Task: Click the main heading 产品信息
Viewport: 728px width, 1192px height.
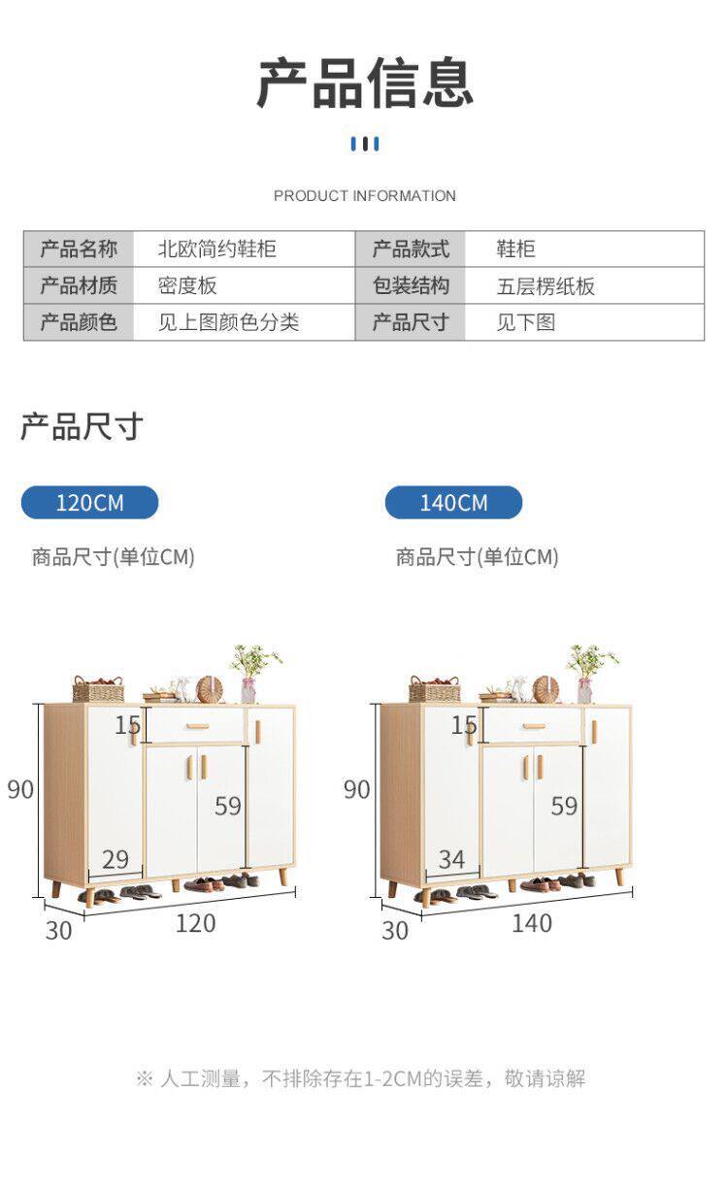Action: (x=364, y=83)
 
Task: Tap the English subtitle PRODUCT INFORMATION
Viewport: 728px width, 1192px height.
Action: (x=364, y=196)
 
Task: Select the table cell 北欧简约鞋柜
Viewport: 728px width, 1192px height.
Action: (x=217, y=249)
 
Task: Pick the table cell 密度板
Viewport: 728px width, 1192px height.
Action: (x=187, y=285)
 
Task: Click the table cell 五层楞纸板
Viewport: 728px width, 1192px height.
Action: (x=546, y=285)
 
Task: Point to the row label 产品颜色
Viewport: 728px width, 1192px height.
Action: (x=79, y=322)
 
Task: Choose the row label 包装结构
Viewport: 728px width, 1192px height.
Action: (x=411, y=285)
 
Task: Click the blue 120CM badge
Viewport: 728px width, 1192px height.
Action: (x=89, y=503)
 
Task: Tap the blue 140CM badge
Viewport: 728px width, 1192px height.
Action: (x=453, y=503)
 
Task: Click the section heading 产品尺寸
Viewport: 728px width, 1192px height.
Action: (x=82, y=426)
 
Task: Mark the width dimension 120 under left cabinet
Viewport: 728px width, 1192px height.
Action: (x=195, y=923)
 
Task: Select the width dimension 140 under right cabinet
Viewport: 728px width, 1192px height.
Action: (x=531, y=923)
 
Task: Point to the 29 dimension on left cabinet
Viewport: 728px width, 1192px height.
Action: (x=115, y=859)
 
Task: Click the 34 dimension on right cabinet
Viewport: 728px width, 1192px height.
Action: (x=451, y=859)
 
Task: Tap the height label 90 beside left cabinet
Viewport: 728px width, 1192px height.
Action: (x=20, y=789)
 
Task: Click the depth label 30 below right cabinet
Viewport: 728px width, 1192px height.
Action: (x=395, y=930)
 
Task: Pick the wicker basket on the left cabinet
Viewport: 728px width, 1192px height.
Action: (x=98, y=690)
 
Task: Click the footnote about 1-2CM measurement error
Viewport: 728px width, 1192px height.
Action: (x=361, y=1078)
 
